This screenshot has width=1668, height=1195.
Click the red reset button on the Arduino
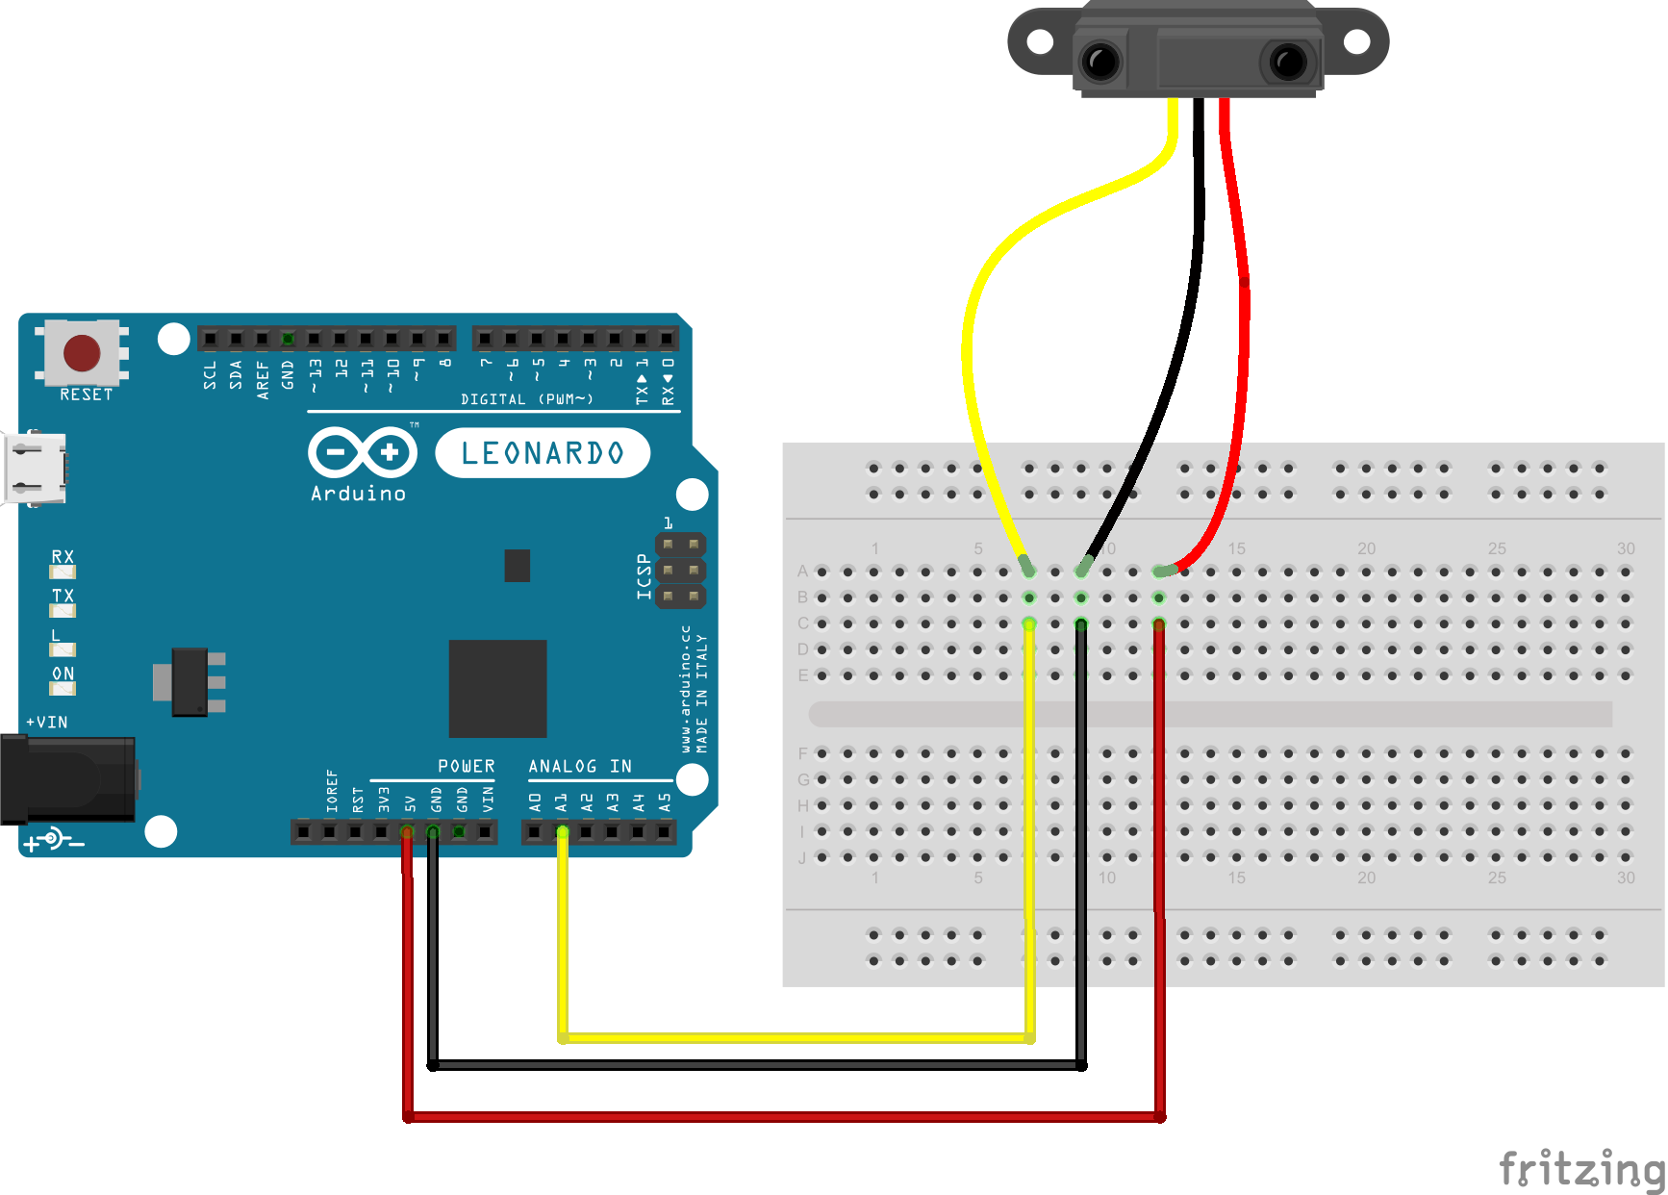[82, 353]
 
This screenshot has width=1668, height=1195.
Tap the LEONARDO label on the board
[543, 453]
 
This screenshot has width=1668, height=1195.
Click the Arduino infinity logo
[363, 452]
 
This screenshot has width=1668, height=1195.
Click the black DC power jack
[67, 779]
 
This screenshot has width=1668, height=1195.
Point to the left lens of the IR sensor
[1100, 63]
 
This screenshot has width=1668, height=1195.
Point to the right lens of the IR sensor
[1287, 63]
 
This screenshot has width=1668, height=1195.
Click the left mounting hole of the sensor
[1040, 41]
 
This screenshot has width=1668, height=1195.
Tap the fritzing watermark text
[1581, 1169]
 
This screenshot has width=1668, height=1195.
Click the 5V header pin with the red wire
[407, 831]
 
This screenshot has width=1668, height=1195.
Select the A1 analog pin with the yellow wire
[562, 831]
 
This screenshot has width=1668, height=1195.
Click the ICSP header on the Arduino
[680, 571]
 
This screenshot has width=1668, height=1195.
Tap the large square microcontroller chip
[497, 688]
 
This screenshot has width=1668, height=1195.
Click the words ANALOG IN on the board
[580, 766]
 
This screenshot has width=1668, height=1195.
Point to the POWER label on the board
[467, 766]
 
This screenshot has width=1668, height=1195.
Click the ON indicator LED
[63, 688]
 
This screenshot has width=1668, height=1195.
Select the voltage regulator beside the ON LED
[190, 682]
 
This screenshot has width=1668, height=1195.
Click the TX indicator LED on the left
[63, 610]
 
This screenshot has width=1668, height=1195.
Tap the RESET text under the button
[87, 394]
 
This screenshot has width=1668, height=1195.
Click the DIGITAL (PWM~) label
[527, 399]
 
